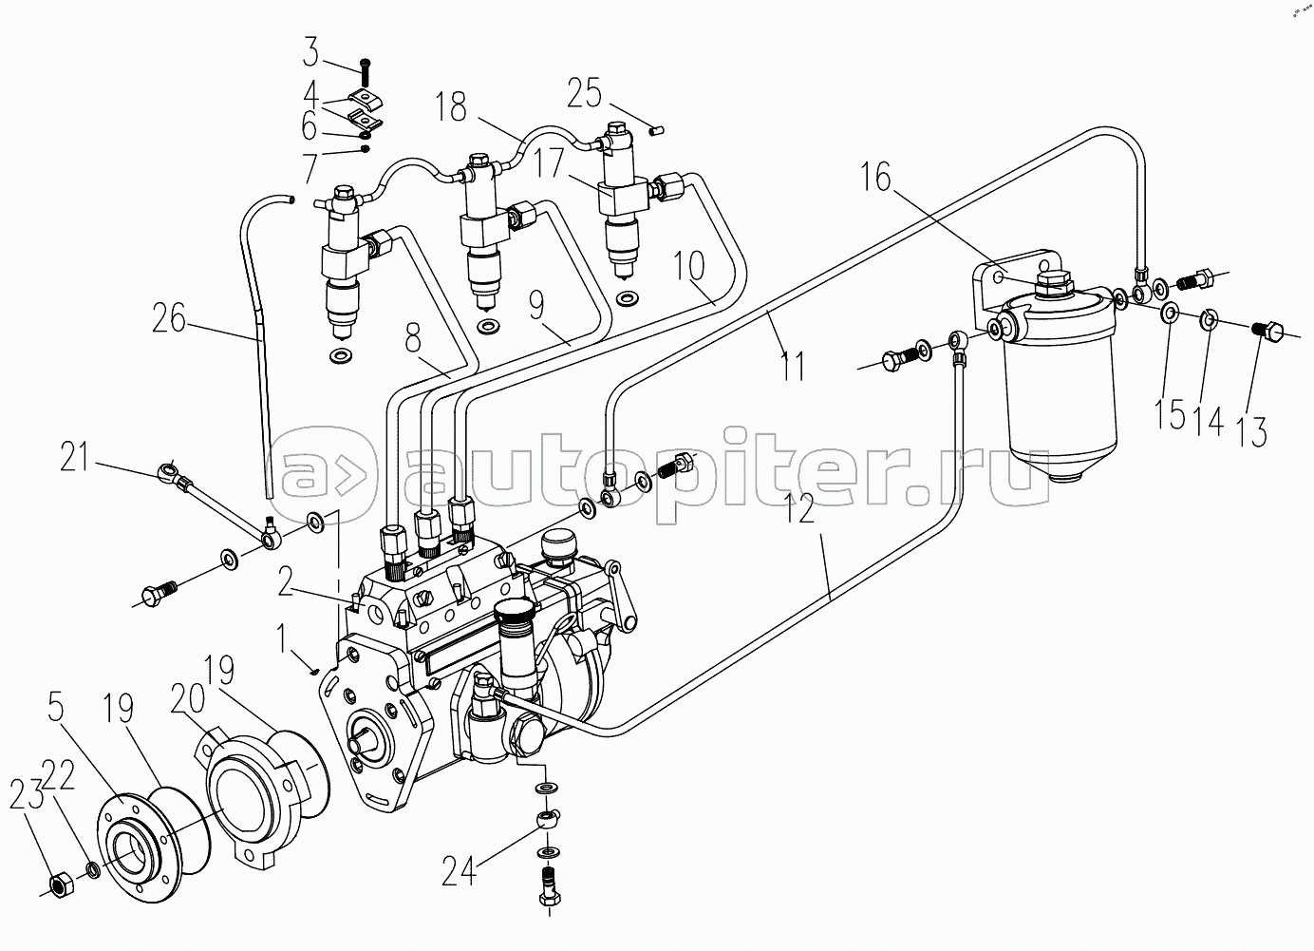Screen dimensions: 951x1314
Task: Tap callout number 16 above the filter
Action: (877, 178)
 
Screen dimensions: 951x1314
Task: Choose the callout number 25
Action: (585, 95)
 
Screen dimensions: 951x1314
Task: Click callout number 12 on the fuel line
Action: (800, 510)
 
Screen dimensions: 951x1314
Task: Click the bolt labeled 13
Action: (1267, 333)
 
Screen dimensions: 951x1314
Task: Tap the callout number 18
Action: (452, 106)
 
